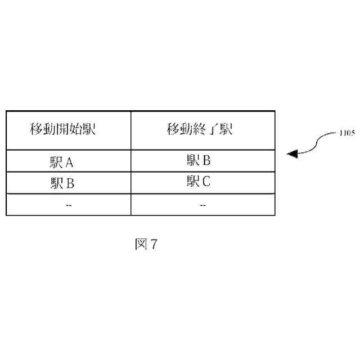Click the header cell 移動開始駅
[x=62, y=130]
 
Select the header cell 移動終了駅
[x=200, y=130]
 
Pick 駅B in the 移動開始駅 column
[x=62, y=183]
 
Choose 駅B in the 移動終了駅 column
[x=199, y=161]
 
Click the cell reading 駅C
[x=199, y=182]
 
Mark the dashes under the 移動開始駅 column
[x=69, y=205]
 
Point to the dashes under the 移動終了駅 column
[x=202, y=205]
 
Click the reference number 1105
[x=347, y=134]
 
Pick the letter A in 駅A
[x=70, y=163]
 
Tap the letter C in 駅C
[x=206, y=182]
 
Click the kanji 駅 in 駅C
[x=193, y=182]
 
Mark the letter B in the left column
[x=70, y=183]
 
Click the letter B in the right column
[x=206, y=161]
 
